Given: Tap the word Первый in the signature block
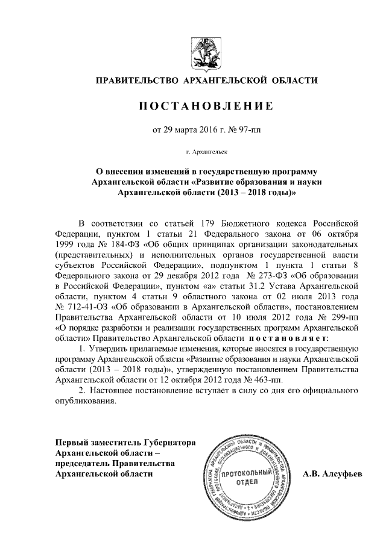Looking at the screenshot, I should click(x=71, y=442).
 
